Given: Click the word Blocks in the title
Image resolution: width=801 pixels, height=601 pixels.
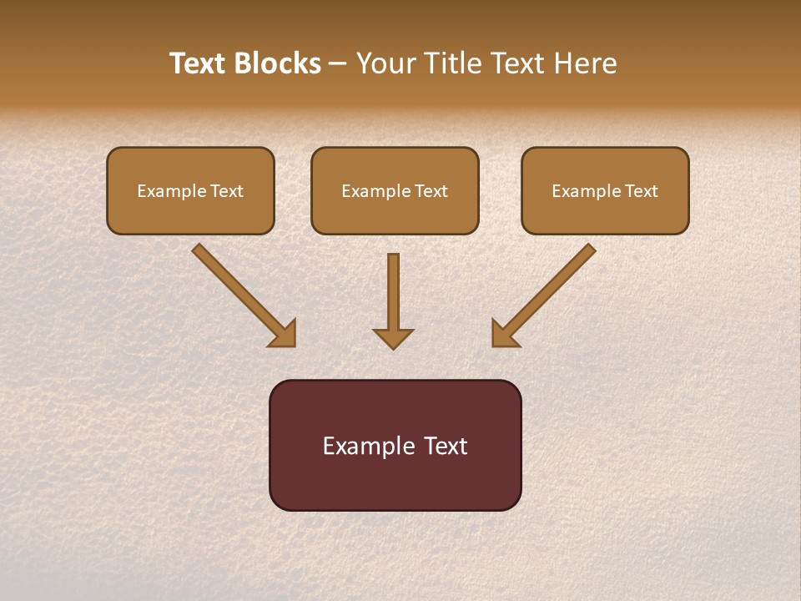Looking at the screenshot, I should click(x=276, y=63).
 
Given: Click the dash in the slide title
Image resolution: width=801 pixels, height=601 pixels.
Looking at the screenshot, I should click(x=338, y=64).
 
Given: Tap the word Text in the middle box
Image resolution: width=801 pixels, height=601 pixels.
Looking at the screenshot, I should click(x=431, y=191).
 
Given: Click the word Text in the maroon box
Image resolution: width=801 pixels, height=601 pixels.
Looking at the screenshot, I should click(x=446, y=446).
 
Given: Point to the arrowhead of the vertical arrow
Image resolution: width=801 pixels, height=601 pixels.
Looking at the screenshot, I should click(x=393, y=337).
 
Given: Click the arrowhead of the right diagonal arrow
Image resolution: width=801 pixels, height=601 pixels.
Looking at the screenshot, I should click(x=504, y=334).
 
